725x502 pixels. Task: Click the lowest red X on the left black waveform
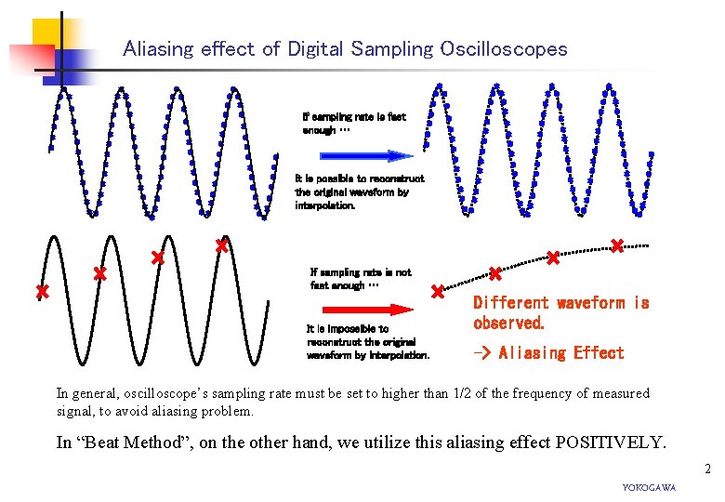click(x=42, y=292)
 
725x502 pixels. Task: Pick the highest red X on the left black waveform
click(x=221, y=245)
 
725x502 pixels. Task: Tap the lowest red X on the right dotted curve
click(x=437, y=292)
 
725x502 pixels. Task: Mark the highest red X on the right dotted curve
click(x=616, y=245)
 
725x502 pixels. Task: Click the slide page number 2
click(x=707, y=469)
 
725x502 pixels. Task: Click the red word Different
click(x=512, y=303)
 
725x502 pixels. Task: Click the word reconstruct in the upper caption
click(x=400, y=178)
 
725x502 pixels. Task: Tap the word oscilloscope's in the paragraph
click(x=172, y=394)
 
